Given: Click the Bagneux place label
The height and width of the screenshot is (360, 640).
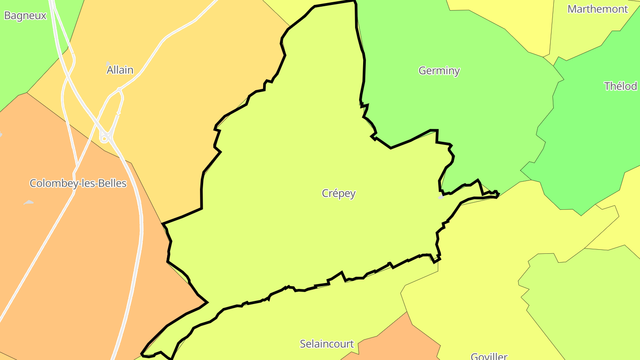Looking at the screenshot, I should pyautogui.click(x=25, y=16).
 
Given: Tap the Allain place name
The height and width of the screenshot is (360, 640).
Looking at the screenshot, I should pyautogui.click(x=120, y=70).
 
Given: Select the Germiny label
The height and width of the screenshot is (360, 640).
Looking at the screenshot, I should pyautogui.click(x=439, y=70).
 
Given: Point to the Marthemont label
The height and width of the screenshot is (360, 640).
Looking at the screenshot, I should pyautogui.click(x=598, y=9).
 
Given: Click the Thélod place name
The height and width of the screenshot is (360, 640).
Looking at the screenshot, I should pyautogui.click(x=620, y=86).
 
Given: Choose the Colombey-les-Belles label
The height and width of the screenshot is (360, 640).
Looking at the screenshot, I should pyautogui.click(x=78, y=183).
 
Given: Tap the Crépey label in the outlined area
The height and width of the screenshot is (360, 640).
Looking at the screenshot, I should pyautogui.click(x=339, y=193).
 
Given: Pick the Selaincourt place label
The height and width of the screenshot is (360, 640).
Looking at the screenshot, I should pyautogui.click(x=327, y=344).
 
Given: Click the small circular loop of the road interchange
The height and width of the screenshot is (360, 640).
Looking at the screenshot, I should pyautogui.click(x=104, y=139).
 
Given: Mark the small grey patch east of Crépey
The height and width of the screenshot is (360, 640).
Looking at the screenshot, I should pyautogui.click(x=441, y=196).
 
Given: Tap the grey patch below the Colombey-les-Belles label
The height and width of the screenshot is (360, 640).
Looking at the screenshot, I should pyautogui.click(x=28, y=203).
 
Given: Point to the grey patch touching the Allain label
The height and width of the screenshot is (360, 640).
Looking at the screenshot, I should pyautogui.click(x=108, y=64).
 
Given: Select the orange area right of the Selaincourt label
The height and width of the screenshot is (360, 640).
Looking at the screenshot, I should pyautogui.click(x=391, y=342).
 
